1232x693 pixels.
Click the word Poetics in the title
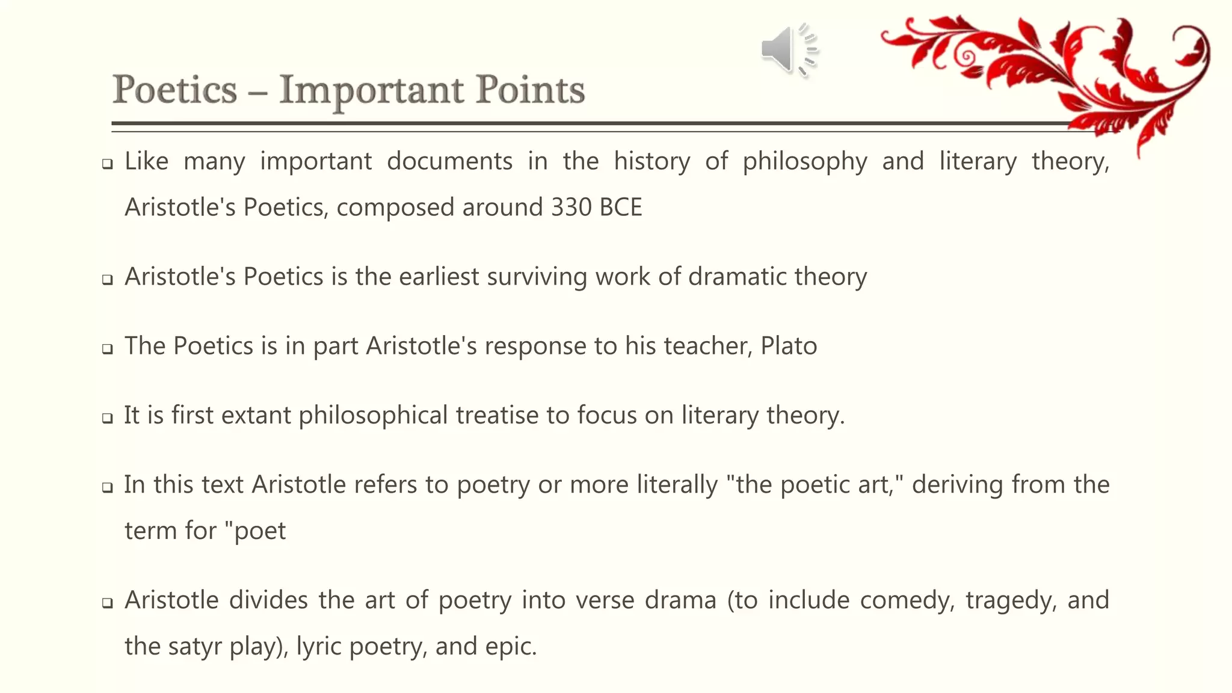tap(175, 90)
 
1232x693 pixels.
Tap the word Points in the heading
tap(530, 90)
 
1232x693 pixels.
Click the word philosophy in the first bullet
tap(805, 162)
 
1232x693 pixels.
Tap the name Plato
tap(789, 346)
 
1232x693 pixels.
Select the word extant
tap(256, 415)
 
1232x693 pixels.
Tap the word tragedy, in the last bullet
tap(1011, 600)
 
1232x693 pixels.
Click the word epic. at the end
tap(511, 647)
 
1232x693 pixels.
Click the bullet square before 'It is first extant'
tap(108, 418)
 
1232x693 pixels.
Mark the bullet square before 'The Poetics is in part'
tap(108, 349)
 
